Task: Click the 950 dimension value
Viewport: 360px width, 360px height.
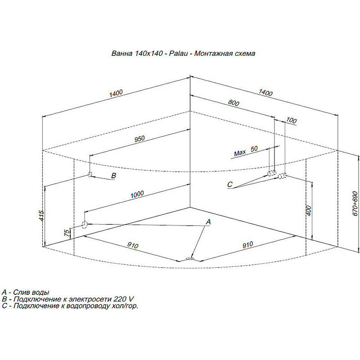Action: click(x=139, y=139)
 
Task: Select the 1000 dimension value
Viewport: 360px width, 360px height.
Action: click(x=137, y=194)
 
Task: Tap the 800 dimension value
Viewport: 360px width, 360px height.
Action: click(x=234, y=103)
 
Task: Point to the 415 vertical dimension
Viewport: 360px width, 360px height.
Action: click(x=41, y=216)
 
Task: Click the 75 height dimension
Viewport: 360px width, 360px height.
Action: click(x=67, y=233)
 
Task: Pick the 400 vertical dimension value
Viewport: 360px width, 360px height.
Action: click(x=309, y=211)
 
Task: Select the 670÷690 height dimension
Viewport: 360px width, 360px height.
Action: click(x=355, y=203)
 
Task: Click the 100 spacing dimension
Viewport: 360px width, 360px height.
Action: click(x=291, y=120)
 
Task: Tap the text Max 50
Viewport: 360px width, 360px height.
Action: click(x=246, y=151)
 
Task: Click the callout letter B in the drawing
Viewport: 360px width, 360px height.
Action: click(x=113, y=175)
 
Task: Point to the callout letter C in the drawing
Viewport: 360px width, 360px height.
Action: click(x=229, y=184)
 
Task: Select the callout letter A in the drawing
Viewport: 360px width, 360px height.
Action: click(x=208, y=222)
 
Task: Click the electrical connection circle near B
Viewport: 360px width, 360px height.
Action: click(x=90, y=174)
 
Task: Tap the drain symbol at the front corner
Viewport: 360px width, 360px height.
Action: click(x=190, y=259)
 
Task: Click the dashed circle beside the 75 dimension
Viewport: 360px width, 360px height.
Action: click(x=85, y=224)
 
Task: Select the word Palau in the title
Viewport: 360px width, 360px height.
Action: click(x=178, y=54)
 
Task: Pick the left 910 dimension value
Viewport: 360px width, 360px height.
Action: click(x=133, y=245)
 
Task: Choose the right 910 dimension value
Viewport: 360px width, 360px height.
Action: click(x=248, y=245)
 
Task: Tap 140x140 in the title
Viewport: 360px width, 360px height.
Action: click(x=148, y=54)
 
